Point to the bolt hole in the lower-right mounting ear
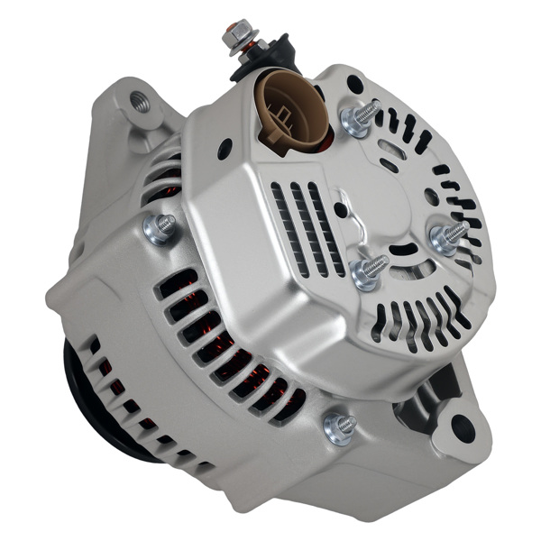coord(463,427)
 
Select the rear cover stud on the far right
coord(447,237)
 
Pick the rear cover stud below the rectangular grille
coord(368,270)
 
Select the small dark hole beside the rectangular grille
coord(340,209)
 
